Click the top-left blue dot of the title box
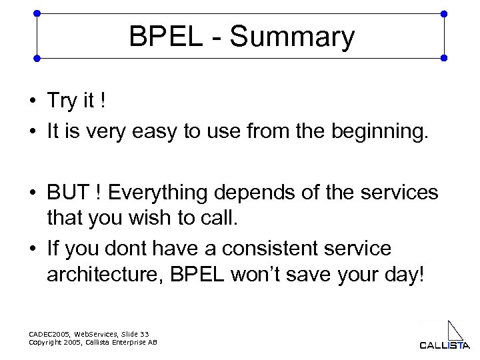pos(37,13)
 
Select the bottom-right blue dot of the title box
pos(444,58)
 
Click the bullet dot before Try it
pos(32,102)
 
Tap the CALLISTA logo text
pos(444,345)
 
